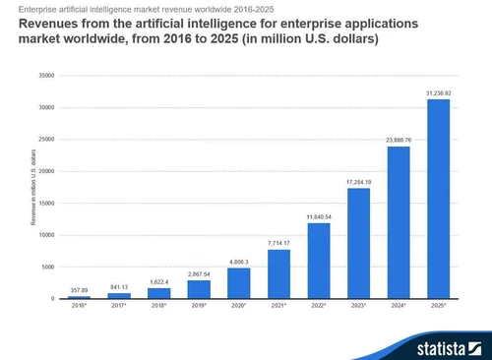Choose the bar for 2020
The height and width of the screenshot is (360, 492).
239,283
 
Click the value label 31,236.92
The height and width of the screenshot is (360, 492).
440,92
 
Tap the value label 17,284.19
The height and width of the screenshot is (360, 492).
359,181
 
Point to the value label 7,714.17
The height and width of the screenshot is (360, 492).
278,242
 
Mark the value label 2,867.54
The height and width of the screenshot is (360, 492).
199,273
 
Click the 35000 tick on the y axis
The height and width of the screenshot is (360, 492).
47,75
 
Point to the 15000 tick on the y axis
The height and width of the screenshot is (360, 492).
47,203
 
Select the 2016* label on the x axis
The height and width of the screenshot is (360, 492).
78,307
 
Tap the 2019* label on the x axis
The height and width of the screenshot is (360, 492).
199,307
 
